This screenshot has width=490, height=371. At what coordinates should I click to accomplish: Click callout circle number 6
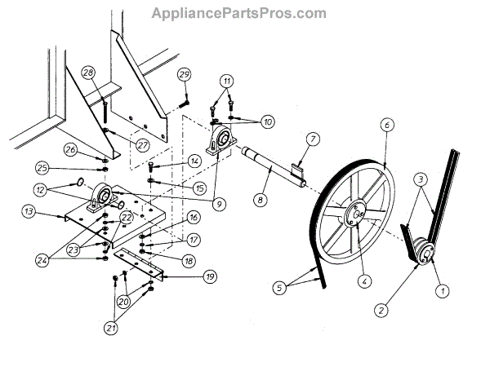387,125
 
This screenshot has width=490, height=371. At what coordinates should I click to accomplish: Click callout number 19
210,277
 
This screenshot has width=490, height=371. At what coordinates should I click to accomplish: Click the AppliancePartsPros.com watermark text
239,14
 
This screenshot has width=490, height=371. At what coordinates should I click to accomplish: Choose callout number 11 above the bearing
226,82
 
